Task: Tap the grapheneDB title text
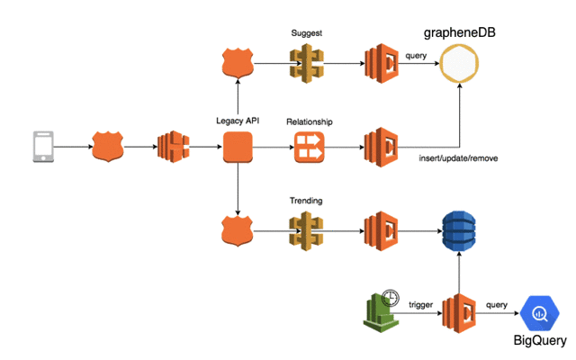(459, 33)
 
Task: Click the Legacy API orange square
(238, 147)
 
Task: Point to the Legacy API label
(238, 121)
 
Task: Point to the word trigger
(420, 305)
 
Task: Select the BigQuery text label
(540, 341)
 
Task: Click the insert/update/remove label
(457, 159)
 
